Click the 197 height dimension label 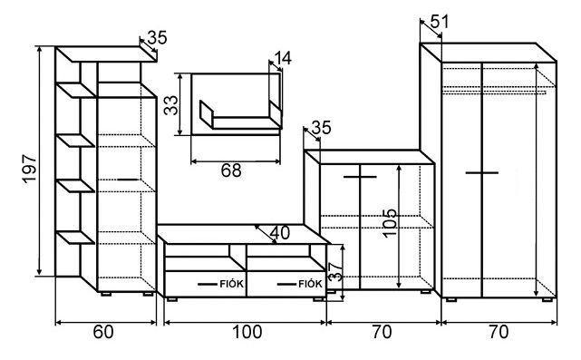30,169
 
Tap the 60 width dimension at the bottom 103,332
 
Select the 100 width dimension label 247,332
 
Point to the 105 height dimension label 390,223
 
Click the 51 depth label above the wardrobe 440,22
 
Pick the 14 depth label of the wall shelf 283,58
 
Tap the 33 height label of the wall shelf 171,106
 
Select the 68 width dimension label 231,170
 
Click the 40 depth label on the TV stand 280,233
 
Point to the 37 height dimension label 336,271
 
